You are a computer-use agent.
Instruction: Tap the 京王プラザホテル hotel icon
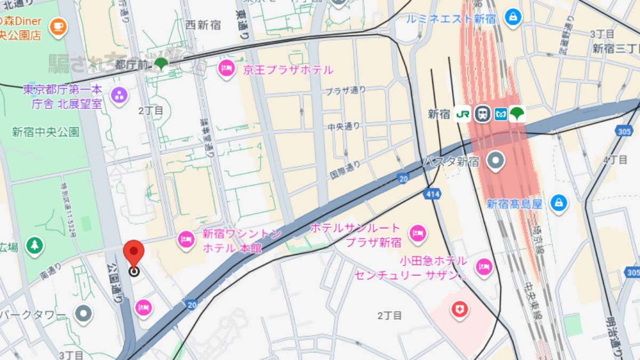click(x=227, y=69)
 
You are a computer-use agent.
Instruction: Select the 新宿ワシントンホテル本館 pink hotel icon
click(x=186, y=239)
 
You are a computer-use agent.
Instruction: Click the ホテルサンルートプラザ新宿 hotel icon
click(x=417, y=233)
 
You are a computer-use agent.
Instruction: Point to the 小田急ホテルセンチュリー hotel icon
click(x=484, y=267)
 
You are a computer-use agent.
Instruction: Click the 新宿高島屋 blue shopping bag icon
click(x=558, y=203)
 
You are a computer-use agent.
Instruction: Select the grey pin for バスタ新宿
click(x=497, y=161)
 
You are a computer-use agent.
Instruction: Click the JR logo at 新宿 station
click(x=462, y=114)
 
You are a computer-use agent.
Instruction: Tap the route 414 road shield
click(x=433, y=194)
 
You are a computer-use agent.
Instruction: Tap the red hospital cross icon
click(x=459, y=309)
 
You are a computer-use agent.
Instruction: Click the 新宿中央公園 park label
click(x=46, y=132)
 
